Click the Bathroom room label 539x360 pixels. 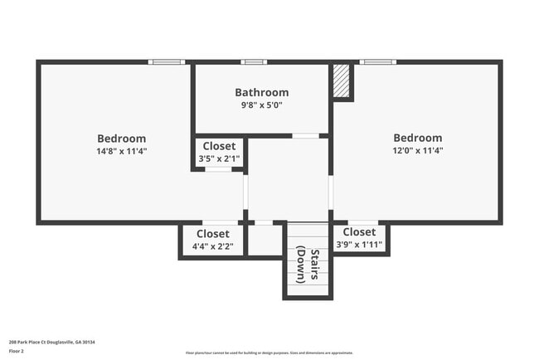261,93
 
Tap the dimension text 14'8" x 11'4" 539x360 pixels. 121,151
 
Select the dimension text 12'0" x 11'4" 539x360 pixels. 417,151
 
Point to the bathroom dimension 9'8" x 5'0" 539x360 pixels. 261,105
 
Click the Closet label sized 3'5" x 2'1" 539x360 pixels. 219,146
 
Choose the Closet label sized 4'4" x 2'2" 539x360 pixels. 213,234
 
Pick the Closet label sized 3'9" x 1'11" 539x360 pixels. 359,232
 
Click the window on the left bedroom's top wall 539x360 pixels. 167,61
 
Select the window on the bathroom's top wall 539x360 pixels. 253,61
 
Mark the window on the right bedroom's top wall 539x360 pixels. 377,61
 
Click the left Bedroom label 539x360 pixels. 121,139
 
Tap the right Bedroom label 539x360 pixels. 417,138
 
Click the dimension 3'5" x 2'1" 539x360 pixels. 219,158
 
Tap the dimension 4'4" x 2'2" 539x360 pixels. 213,246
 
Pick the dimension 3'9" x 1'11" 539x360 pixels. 359,245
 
